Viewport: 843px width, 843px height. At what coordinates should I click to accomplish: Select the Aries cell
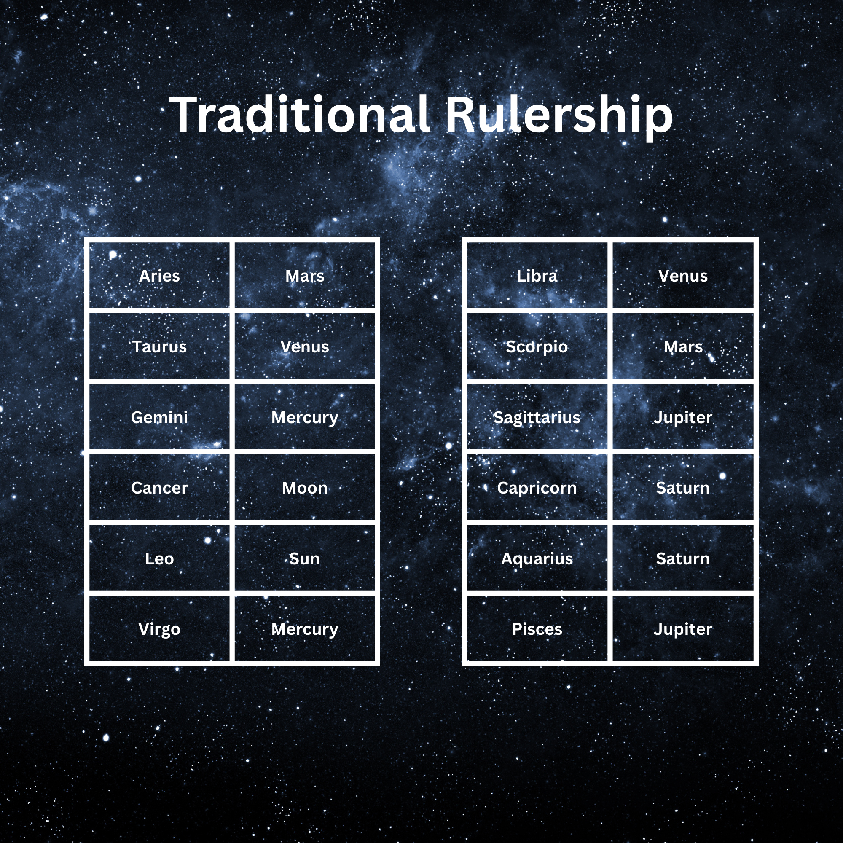click(x=159, y=276)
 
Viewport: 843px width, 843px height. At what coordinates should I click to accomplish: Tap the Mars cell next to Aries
click(x=305, y=276)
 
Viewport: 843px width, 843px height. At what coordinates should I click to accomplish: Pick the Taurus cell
click(x=159, y=346)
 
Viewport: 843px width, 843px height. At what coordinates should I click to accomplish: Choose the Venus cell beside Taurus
click(x=305, y=346)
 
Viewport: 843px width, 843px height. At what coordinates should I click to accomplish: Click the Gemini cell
click(x=159, y=417)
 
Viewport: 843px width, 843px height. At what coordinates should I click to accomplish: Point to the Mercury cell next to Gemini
click(x=305, y=417)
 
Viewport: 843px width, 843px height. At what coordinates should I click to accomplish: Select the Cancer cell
click(x=159, y=488)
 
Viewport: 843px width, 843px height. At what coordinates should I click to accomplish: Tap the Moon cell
click(x=305, y=488)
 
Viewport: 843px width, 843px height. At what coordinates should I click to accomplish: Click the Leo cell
click(x=159, y=558)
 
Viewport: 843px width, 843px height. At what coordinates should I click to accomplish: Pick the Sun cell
click(x=305, y=558)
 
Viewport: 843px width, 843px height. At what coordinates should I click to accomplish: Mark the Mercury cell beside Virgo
click(x=305, y=629)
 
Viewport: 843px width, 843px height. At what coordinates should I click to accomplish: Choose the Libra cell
click(x=537, y=276)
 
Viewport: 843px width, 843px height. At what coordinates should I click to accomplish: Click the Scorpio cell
click(x=537, y=346)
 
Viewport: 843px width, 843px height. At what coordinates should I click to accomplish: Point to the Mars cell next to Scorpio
click(x=683, y=346)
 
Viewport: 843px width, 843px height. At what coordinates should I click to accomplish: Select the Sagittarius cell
click(x=537, y=417)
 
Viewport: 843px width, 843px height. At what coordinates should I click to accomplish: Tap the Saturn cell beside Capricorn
click(x=683, y=488)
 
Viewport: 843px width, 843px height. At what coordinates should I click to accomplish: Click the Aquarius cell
click(x=537, y=558)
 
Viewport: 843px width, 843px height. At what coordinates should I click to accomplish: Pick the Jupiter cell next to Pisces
click(x=683, y=629)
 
